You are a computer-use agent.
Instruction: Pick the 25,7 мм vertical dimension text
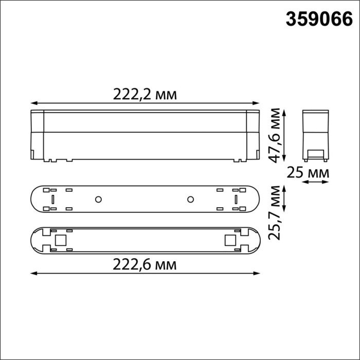pyautogui.click(x=277, y=212)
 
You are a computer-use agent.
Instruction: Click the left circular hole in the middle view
pyautogui.click(x=98, y=199)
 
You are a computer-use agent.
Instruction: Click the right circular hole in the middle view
pyautogui.click(x=190, y=199)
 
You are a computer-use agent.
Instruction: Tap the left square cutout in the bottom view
pyautogui.click(x=60, y=240)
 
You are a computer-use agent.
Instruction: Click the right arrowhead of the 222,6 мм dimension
pyautogui.click(x=260, y=273)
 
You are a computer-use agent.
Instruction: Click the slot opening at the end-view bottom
pyautogui.click(x=315, y=153)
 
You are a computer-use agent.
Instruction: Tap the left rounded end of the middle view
pyautogui.click(x=35, y=199)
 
